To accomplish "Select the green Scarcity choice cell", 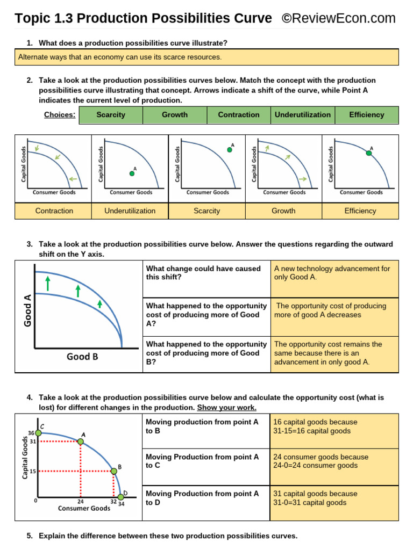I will [111, 115].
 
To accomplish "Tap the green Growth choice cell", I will [175, 115].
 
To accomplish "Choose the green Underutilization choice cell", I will [303, 115].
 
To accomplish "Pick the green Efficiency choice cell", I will [367, 115].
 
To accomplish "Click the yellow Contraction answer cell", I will [54, 211].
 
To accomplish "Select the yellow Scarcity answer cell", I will [207, 211].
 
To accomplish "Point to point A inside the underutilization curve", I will [132, 173].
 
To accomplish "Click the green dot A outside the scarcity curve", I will [230, 150].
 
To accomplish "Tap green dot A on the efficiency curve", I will [369, 153].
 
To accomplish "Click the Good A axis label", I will [28, 310].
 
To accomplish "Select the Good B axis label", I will [82, 357].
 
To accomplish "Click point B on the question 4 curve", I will [113, 472].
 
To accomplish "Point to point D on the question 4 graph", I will [120, 496].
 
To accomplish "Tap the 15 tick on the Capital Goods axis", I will [32, 472].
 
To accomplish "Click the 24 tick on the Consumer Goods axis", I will [80, 502].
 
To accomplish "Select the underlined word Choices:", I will [59, 115].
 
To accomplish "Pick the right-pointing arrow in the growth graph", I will [303, 179].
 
